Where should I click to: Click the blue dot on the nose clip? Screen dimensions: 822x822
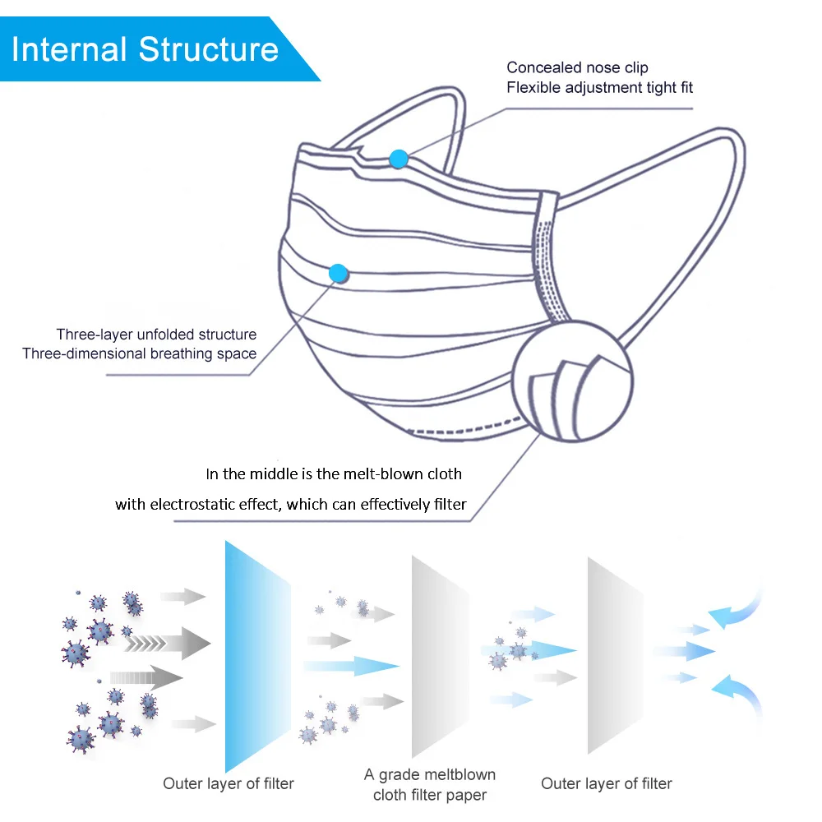[x=399, y=159]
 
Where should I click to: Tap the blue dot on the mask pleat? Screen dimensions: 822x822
[x=337, y=273]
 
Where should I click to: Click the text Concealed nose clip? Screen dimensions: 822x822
[x=577, y=67]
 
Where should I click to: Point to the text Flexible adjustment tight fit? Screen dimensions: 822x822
[x=599, y=87]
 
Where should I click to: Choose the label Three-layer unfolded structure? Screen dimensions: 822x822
[x=156, y=335]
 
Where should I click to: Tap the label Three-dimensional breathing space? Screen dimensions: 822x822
[x=140, y=354]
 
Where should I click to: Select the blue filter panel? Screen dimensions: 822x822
[x=257, y=658]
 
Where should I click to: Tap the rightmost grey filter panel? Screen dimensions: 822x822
[x=615, y=656]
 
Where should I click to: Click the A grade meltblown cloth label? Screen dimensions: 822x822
[x=430, y=785]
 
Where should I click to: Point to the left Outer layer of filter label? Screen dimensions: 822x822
[x=229, y=784]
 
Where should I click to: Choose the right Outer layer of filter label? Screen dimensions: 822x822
[x=607, y=784]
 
